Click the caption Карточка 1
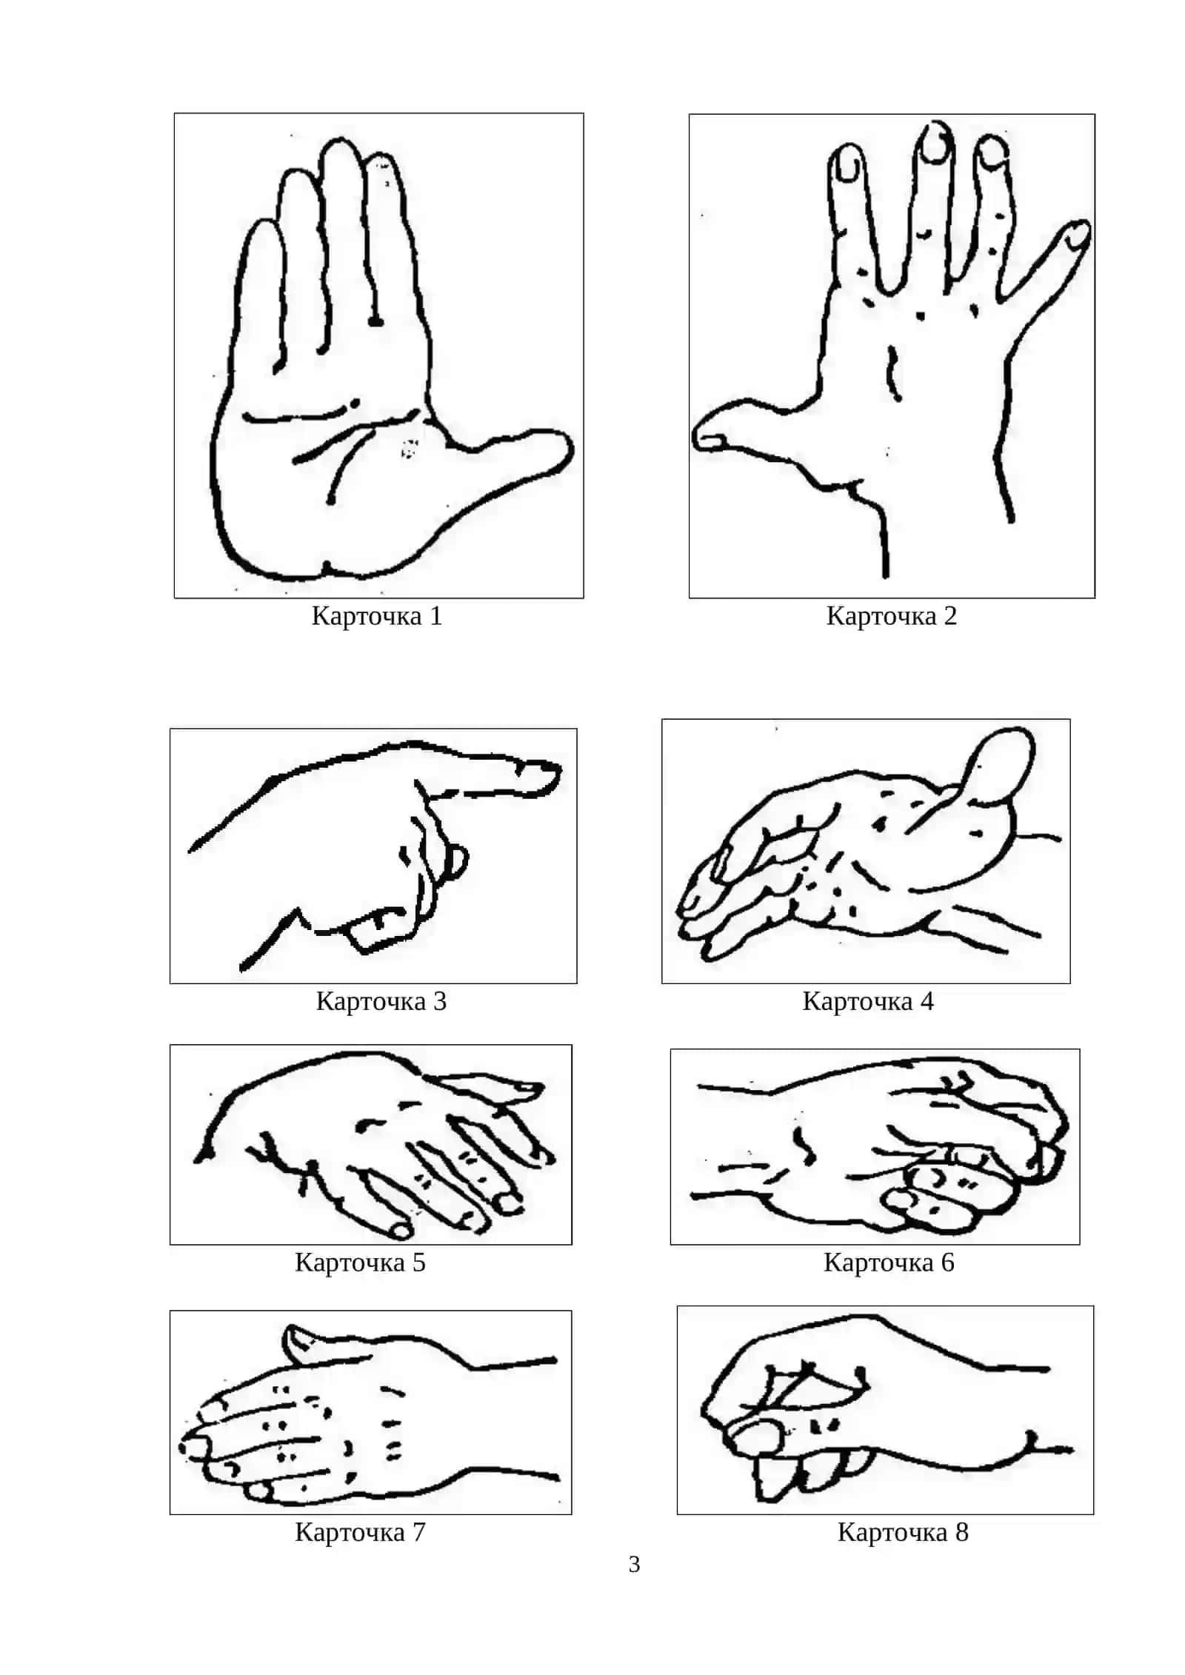376,616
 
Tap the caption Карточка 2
891,616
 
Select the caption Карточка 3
381,1001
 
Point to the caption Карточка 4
867,1001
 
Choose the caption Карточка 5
360,1262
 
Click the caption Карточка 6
889,1262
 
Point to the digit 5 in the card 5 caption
418,1263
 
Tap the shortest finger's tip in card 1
263,226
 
